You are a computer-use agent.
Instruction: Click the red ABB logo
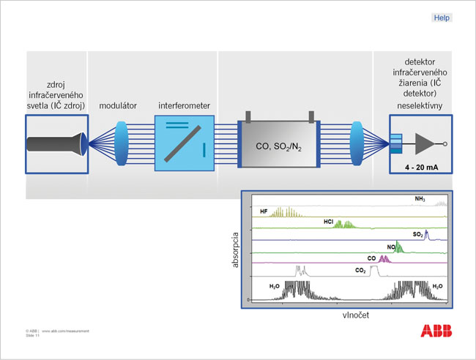[x=436, y=331]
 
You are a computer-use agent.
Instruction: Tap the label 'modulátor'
[x=119, y=106]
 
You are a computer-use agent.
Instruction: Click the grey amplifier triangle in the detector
[x=425, y=143]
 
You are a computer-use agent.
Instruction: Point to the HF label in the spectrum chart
[x=263, y=211]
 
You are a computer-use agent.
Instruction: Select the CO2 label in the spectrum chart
[x=360, y=271]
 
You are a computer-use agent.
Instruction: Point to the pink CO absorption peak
[x=386, y=258]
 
